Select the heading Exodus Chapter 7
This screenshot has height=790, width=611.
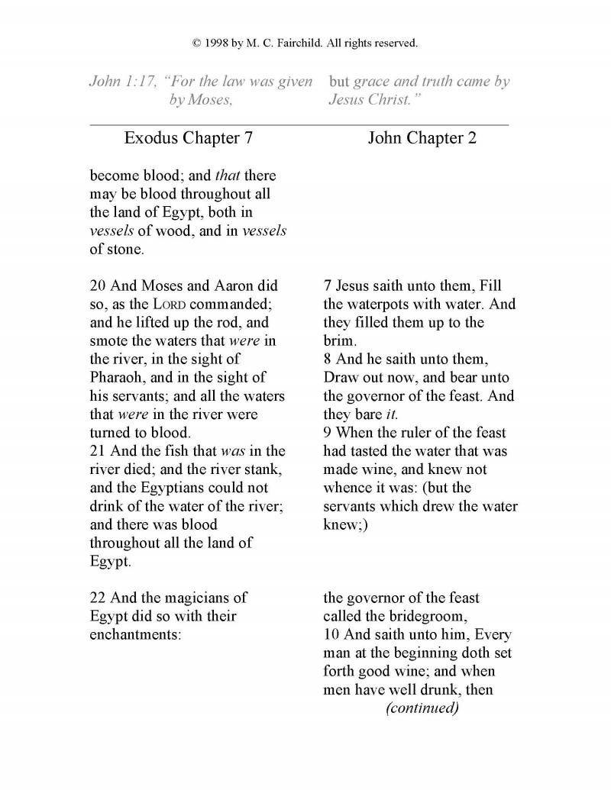188,139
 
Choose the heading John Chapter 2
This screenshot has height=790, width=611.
422,139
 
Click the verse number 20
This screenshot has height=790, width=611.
98,286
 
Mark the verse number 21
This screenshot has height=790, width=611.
98,451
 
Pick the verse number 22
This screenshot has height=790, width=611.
98,598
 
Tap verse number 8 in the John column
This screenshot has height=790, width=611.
328,360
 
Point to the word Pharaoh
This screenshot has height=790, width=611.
118,378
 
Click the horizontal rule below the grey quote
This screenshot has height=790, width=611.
299,124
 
